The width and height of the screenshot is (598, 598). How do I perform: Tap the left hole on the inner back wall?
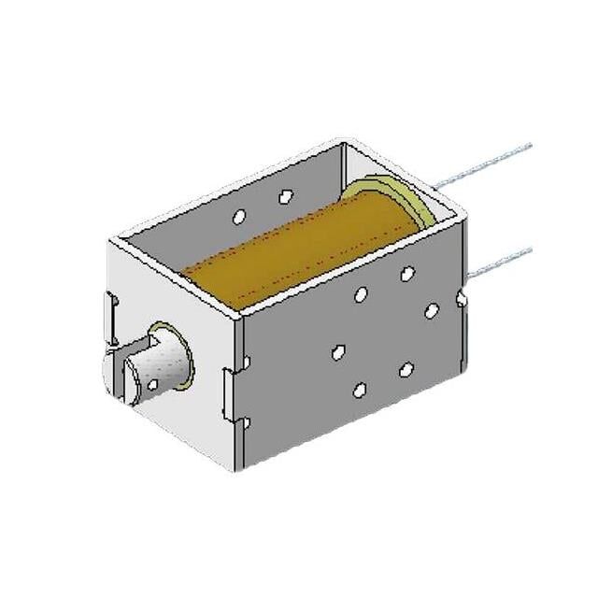point(238,216)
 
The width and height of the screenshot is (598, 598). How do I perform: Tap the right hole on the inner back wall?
point(286,196)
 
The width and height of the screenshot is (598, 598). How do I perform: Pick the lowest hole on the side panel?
point(359,389)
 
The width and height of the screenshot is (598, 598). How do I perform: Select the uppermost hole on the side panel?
point(407,274)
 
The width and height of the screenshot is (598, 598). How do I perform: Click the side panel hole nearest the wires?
point(431,310)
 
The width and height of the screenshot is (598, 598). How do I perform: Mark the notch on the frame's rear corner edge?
point(463,299)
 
